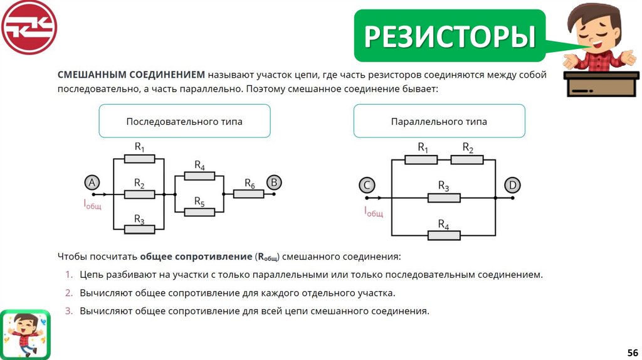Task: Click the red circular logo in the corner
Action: (x=29, y=27)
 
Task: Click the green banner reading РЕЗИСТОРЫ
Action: (x=449, y=36)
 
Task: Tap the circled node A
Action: (x=92, y=183)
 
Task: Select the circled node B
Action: (x=274, y=183)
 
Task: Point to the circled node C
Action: (x=367, y=185)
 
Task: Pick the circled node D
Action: (x=512, y=185)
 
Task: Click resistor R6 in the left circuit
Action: (x=249, y=194)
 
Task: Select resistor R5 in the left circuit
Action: (x=200, y=212)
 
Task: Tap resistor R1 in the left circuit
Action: (x=139, y=159)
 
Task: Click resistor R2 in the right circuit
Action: (x=467, y=159)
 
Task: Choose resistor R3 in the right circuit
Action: (x=444, y=198)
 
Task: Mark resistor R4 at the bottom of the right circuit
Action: (x=444, y=235)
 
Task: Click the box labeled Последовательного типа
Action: (x=184, y=121)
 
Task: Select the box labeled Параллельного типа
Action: (x=439, y=121)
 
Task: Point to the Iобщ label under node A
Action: (x=92, y=204)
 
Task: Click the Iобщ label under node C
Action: (x=373, y=211)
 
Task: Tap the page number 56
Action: (x=632, y=352)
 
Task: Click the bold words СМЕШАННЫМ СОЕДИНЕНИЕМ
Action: (x=131, y=75)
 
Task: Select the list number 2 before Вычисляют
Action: (x=70, y=293)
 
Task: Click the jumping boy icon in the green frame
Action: (x=24, y=333)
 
